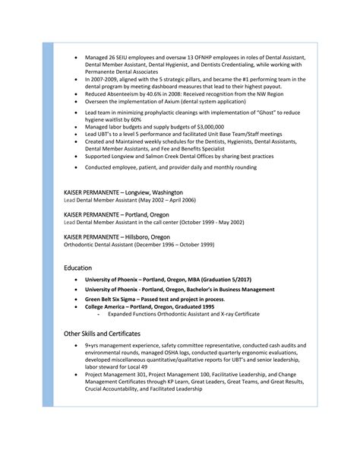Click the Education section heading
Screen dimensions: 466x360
pos(78,268)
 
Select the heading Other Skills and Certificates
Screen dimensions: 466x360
pos(103,334)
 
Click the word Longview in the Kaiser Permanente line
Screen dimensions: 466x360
pos(138,192)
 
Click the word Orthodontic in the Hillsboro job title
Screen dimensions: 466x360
pos(81,244)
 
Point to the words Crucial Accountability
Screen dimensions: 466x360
pos(115,389)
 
